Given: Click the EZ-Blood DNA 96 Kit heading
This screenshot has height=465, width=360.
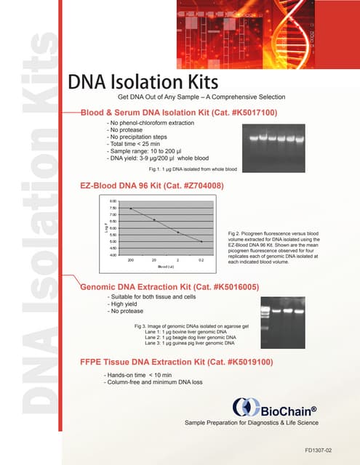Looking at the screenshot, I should pyautogui.click(x=151, y=186).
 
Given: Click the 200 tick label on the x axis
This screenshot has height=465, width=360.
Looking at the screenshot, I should pyautogui.click(x=131, y=259).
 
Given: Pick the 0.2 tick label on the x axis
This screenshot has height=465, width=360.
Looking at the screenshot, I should pyautogui.click(x=201, y=259).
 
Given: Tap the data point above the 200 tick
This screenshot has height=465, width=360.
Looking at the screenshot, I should pyautogui.click(x=131, y=209).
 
